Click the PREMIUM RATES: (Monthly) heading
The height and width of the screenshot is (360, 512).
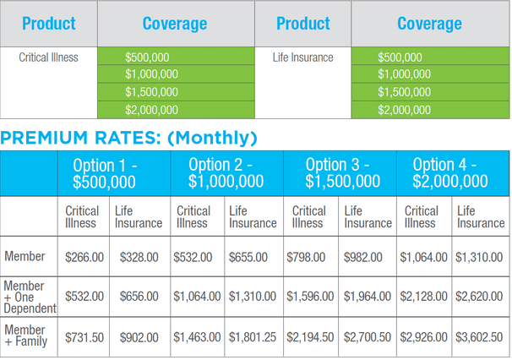pyautogui.click(x=129, y=138)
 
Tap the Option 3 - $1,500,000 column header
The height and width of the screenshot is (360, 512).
pyautogui.click(x=343, y=172)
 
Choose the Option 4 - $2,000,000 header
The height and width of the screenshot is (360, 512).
pyautogui.click(x=450, y=172)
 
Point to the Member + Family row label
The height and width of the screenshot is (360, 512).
pyautogui.click(x=26, y=335)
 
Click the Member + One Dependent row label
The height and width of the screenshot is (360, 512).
pyautogui.click(x=29, y=296)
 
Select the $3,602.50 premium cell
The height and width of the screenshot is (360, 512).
pyautogui.click(x=481, y=335)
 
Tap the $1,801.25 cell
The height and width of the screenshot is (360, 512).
pyautogui.click(x=253, y=335)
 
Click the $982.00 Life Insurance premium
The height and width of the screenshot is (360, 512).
pyautogui.click(x=368, y=256)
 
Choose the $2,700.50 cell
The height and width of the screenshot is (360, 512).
pyautogui.click(x=368, y=335)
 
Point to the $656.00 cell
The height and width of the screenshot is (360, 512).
pyautogui.click(x=139, y=296)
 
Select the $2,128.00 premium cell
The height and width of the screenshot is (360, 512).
pyautogui.click(x=426, y=296)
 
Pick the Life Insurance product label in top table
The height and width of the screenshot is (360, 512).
pyautogui.click(x=302, y=57)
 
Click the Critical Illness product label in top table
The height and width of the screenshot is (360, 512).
pyautogui.click(x=48, y=57)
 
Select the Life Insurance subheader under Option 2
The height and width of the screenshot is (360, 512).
pyautogui.click(x=253, y=216)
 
